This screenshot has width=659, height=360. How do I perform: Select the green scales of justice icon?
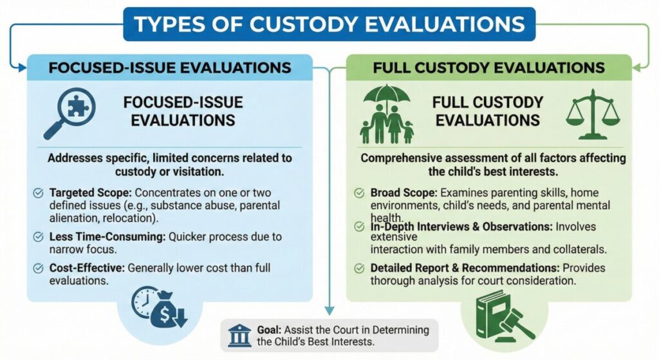[593, 115]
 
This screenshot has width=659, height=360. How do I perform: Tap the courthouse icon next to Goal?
[239, 335]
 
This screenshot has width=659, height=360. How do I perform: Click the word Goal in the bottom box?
[269, 330]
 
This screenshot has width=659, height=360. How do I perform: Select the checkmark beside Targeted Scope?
[38, 193]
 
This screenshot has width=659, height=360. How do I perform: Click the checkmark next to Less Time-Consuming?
[38, 237]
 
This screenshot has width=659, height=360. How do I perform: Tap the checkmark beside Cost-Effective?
[38, 269]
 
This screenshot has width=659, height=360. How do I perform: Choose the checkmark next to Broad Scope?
[359, 193]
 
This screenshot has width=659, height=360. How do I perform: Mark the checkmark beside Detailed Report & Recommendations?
[359, 269]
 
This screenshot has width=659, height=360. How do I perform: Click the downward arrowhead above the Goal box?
[329, 310]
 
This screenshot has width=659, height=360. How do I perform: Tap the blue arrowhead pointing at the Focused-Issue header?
[23, 67]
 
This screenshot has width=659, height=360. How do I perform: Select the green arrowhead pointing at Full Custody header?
[636, 67]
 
